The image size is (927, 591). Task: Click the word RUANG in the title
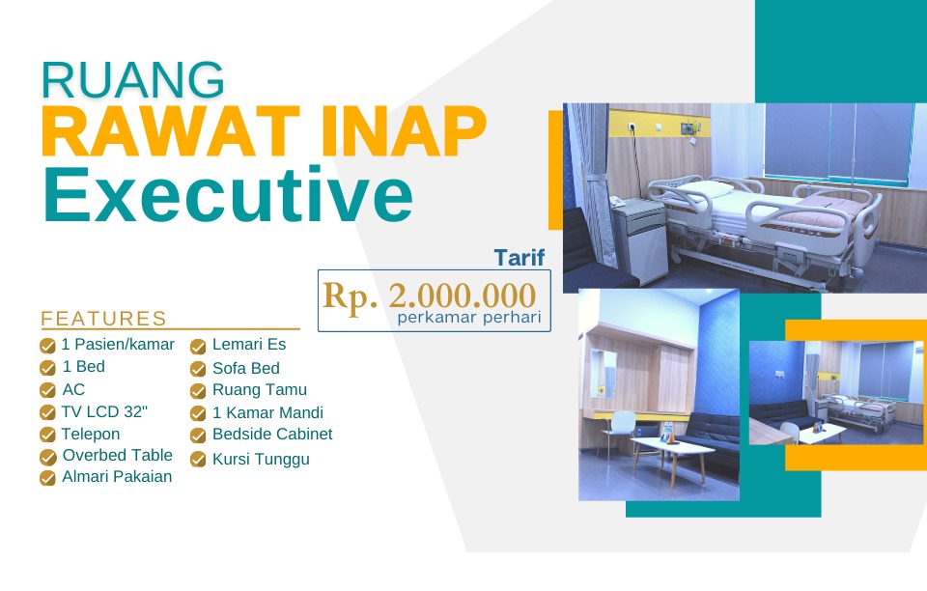tap(132, 79)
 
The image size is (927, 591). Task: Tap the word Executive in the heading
tap(228, 194)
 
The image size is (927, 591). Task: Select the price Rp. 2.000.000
tap(429, 295)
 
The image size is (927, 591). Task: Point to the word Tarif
tap(520, 258)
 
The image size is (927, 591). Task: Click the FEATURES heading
tap(103, 319)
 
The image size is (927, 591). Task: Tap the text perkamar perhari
tap(469, 318)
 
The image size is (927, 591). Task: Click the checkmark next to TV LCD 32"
tap(47, 412)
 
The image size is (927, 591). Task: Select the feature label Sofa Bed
tap(246, 368)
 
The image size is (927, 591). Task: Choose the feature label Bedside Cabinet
tap(272, 435)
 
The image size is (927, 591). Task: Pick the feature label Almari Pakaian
tap(117, 476)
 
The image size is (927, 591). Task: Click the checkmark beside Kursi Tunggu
tap(198, 460)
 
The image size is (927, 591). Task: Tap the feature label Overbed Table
tap(118, 455)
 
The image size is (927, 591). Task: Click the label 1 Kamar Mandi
tap(267, 412)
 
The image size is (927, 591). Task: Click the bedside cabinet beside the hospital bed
tap(639, 241)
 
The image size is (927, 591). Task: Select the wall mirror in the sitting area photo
tap(603, 373)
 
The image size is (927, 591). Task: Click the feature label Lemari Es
tap(249, 345)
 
